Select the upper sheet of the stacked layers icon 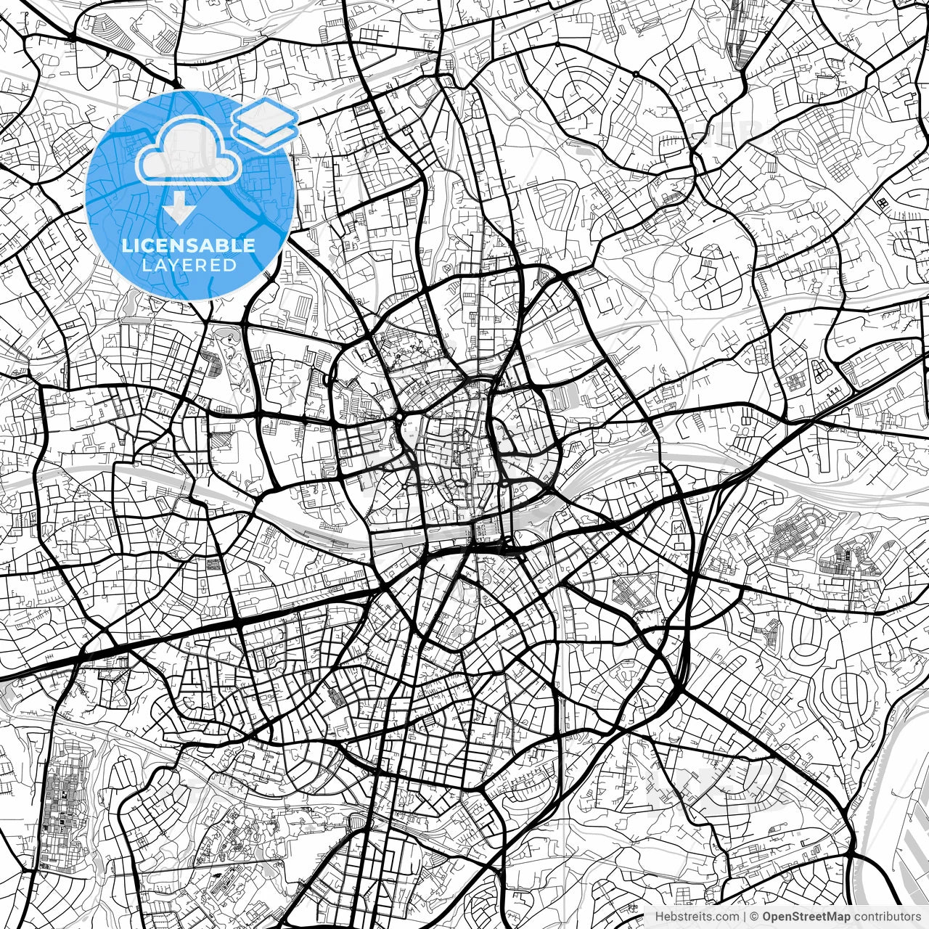tap(266, 115)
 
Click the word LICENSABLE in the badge tap(189, 245)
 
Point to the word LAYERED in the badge tap(189, 265)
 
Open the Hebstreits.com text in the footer tap(697, 917)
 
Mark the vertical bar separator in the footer tap(745, 917)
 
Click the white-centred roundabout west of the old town tap(400, 416)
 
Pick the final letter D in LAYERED tap(231, 265)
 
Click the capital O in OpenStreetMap tap(767, 917)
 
